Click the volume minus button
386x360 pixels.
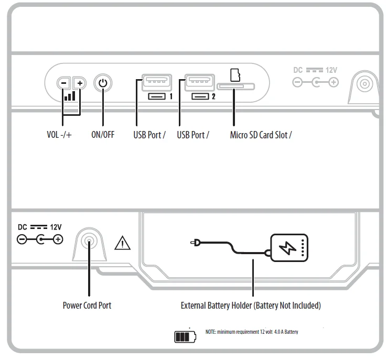pyautogui.click(x=63, y=83)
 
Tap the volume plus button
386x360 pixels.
pyautogui.click(x=79, y=83)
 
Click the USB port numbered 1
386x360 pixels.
pyautogui.click(x=156, y=81)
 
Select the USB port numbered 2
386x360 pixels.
pyautogui.click(x=200, y=81)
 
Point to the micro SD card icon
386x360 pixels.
pyautogui.click(x=235, y=74)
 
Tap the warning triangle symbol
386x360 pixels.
pyautogui.click(x=123, y=243)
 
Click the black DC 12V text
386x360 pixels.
pyautogui.click(x=40, y=227)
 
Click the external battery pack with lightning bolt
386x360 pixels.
pyautogui.click(x=289, y=247)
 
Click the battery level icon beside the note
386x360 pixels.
pyautogui.click(x=185, y=336)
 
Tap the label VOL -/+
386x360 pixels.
pyautogui.click(x=59, y=135)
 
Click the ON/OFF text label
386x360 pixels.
pyautogui.click(x=103, y=135)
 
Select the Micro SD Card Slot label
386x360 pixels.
pyautogui.click(x=261, y=135)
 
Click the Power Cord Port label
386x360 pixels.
pyautogui.click(x=87, y=305)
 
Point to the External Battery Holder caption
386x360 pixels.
pyautogui.click(x=251, y=305)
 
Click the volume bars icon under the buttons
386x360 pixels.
pyautogui.click(x=69, y=95)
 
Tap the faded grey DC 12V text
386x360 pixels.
pyautogui.click(x=315, y=70)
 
